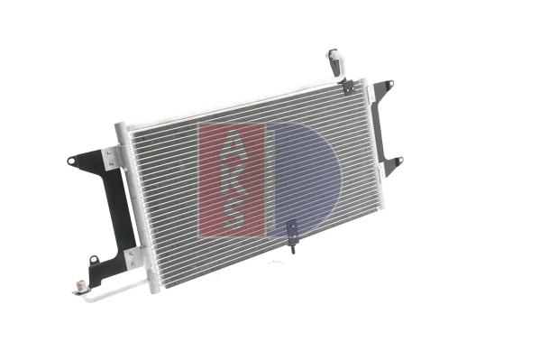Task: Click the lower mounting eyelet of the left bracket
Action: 94,262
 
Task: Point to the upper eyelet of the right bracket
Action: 389,84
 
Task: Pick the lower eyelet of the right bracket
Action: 398,162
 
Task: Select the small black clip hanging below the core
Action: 291,233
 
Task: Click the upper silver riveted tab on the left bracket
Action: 111,158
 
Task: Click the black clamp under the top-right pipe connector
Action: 347,86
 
